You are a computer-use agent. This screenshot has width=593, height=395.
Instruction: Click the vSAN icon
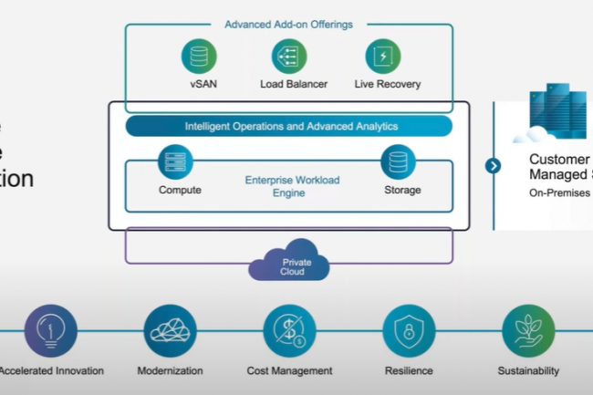coord(198,57)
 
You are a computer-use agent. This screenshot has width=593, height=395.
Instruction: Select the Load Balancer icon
coord(289,57)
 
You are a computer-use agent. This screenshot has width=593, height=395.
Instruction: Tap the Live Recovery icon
coord(383,57)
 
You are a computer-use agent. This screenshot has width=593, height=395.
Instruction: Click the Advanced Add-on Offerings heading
coord(288,24)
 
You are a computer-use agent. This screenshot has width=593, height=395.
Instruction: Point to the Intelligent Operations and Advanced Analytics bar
coord(289,126)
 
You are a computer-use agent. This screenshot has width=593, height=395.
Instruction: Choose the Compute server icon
coord(175,161)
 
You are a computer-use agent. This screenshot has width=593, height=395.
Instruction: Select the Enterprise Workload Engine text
coord(292,187)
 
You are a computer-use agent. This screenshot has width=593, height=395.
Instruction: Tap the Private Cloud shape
coord(290,264)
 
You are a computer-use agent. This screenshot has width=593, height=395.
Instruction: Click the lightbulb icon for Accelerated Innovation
coord(51,330)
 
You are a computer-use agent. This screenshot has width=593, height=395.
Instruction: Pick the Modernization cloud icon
coord(170,330)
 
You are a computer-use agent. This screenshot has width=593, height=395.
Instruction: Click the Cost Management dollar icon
coord(289,330)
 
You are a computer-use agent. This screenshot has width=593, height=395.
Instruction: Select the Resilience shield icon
coord(409,330)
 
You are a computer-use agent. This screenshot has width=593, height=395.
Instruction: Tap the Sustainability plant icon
coord(528,330)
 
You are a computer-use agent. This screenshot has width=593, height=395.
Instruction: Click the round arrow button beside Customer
coord(494,165)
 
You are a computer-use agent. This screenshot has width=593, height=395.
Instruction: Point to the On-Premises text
coord(559,193)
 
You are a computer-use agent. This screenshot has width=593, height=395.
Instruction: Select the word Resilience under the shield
coord(409,371)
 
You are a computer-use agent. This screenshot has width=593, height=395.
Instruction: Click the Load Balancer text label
coord(289,85)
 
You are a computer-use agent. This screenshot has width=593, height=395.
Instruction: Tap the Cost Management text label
coord(289,371)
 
